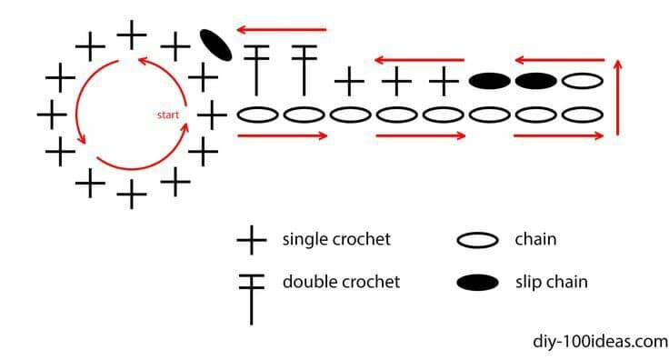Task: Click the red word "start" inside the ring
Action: pyautogui.click(x=167, y=115)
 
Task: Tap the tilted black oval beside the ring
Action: pyautogui.click(x=216, y=45)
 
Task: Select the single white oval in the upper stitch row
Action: pyautogui.click(x=583, y=81)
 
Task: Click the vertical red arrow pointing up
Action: pyautogui.click(x=618, y=97)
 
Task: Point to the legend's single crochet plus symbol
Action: pyautogui.click(x=252, y=240)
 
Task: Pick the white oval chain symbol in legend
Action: pyautogui.click(x=477, y=240)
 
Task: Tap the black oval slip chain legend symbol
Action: pyautogui.click(x=477, y=283)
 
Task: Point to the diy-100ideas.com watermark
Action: pyautogui.click(x=600, y=342)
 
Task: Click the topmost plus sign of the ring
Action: pyautogui.click(x=132, y=35)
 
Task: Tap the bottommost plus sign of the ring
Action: pyautogui.click(x=132, y=194)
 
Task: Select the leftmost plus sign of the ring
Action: pyautogui.click(x=52, y=115)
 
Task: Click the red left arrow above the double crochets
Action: pyautogui.click(x=282, y=30)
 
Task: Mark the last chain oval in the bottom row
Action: pyautogui.click(x=583, y=115)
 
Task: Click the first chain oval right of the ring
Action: pyautogui.click(x=257, y=115)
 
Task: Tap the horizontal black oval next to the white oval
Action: pyautogui.click(x=536, y=81)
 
